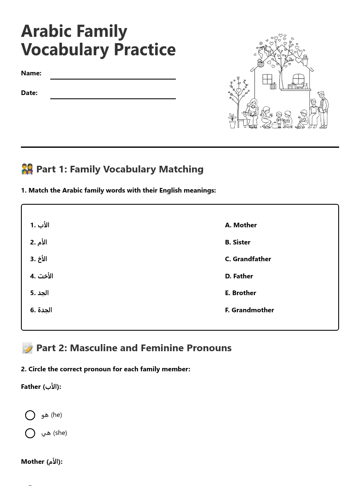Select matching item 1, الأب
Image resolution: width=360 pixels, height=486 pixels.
pyautogui.click(x=40, y=225)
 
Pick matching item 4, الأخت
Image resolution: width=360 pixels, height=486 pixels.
pyautogui.click(x=41, y=276)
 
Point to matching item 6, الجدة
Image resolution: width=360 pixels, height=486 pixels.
pyautogui.click(x=41, y=310)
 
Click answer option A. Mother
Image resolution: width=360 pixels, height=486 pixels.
pyautogui.click(x=241, y=225)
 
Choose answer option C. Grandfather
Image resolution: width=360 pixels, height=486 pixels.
pyautogui.click(x=248, y=259)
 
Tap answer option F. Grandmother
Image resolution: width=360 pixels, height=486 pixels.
pyautogui.click(x=249, y=310)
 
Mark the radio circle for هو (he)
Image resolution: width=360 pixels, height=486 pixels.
pyautogui.click(x=30, y=415)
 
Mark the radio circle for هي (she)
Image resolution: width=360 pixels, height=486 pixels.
pyautogui.click(x=30, y=433)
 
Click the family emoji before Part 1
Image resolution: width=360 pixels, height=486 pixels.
pyautogui.click(x=27, y=169)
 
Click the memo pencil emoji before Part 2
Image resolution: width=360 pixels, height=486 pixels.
pyautogui.click(x=27, y=348)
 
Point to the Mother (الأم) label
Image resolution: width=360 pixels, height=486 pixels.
pyautogui.click(x=41, y=462)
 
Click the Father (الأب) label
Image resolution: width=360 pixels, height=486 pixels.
pyautogui.click(x=41, y=387)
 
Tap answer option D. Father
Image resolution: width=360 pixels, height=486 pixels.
pyautogui.click(x=239, y=276)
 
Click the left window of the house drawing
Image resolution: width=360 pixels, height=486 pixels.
pyautogui.click(x=267, y=79)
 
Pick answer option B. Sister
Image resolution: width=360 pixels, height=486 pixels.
pyautogui.click(x=237, y=242)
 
